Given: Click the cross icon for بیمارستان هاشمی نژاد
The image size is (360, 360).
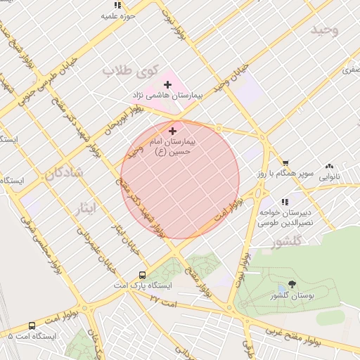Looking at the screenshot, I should (x=167, y=84).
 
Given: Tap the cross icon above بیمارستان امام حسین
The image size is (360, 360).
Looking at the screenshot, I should (x=173, y=131).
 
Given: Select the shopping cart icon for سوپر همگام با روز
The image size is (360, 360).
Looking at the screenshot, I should (x=285, y=162).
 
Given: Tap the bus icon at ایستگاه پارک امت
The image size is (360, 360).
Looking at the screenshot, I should (x=143, y=276).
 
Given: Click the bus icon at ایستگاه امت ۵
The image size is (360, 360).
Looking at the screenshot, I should (x=32, y=326).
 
